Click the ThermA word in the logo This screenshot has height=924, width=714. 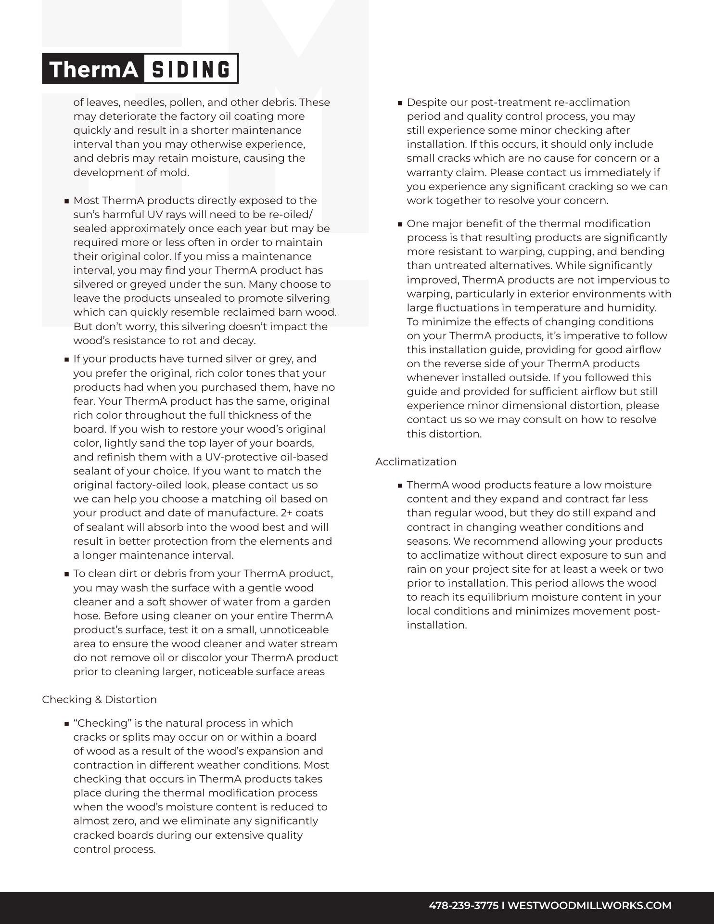[x=94, y=69]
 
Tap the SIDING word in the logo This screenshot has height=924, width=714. [x=191, y=69]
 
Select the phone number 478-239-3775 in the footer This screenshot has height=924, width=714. [x=463, y=905]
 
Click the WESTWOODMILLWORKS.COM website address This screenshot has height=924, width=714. [x=589, y=905]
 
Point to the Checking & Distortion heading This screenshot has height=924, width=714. [x=99, y=699]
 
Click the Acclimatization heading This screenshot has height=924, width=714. [x=416, y=462]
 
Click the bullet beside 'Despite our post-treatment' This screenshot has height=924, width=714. [x=400, y=103]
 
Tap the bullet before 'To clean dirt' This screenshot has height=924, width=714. [x=66, y=574]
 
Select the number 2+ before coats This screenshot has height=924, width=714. [x=286, y=513]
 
